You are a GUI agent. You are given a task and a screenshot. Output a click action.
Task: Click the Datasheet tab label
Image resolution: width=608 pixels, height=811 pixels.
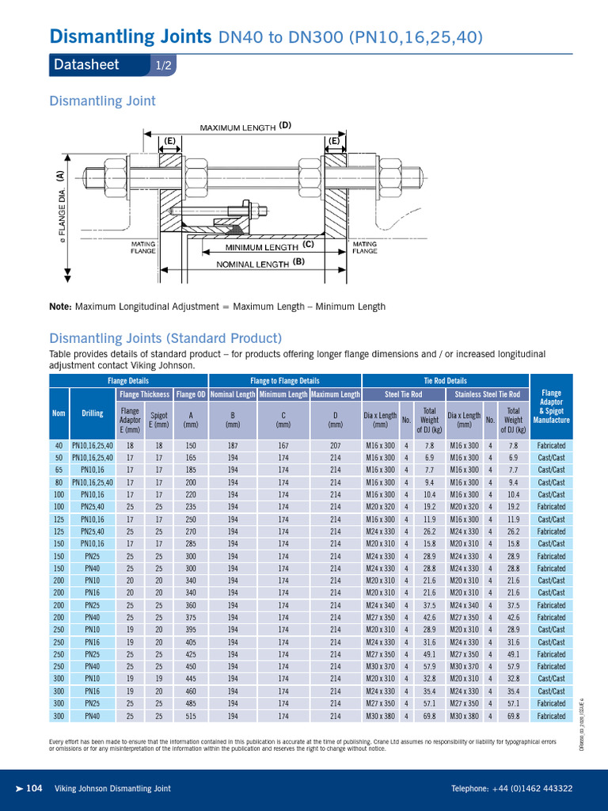[86, 65]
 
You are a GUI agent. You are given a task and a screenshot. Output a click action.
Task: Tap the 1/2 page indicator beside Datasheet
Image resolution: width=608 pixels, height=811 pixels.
[164, 66]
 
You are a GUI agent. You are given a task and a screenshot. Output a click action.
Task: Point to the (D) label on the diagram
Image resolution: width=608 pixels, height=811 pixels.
[285, 125]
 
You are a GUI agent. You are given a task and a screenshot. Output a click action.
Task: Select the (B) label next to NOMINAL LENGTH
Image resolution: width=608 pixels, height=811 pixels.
[298, 261]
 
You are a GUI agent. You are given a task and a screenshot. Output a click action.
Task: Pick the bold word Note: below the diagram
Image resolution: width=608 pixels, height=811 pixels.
[60, 307]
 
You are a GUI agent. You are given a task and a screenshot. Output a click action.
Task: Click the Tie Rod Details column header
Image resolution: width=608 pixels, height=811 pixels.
[445, 381]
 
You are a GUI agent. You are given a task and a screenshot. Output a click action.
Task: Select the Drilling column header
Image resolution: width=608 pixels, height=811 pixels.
[92, 413]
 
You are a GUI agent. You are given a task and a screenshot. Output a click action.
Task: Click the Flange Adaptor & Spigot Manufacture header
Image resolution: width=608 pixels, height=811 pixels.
[551, 406]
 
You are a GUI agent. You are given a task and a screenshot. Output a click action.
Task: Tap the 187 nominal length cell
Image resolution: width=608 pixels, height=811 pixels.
[233, 445]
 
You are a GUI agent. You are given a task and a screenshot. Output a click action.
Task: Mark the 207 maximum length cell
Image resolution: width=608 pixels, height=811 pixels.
[336, 445]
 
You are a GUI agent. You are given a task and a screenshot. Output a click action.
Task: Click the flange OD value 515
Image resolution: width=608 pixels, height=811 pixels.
[191, 716]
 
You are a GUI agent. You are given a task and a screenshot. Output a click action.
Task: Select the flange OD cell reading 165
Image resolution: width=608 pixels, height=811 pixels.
[191, 458]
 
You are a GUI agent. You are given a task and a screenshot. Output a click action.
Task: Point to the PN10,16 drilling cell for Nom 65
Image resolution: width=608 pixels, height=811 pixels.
[92, 470]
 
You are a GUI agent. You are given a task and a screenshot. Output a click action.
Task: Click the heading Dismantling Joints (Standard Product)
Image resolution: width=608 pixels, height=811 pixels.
[165, 337]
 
